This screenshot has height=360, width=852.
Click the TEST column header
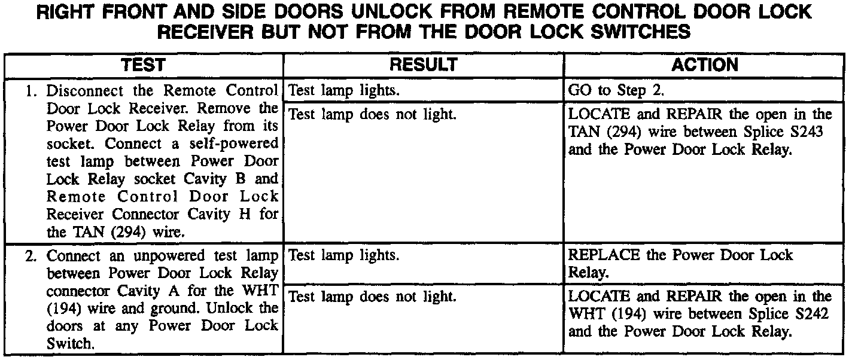coord(144,65)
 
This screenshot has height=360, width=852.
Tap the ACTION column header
coord(705,65)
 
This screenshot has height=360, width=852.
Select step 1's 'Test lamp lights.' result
coord(344,91)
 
